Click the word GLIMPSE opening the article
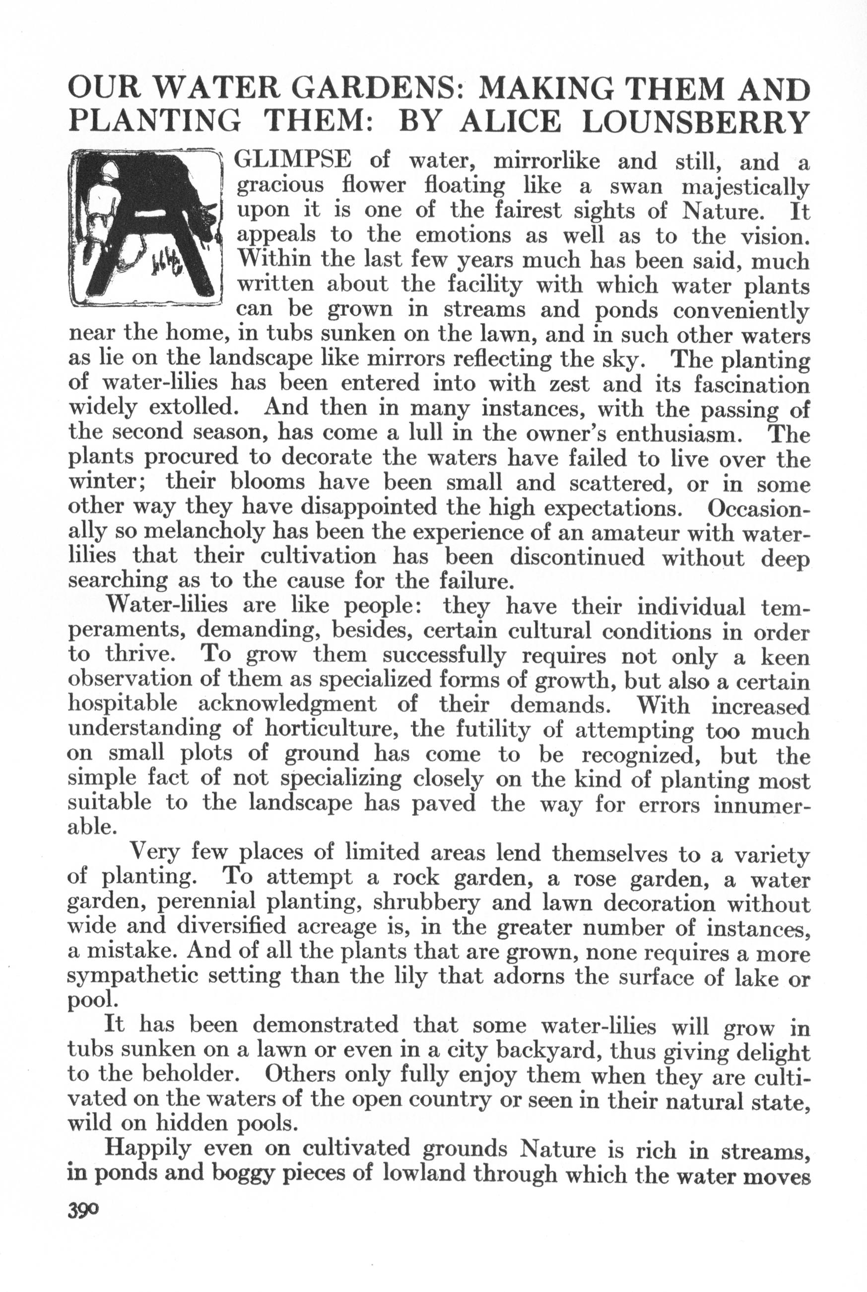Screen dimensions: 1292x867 (x=293, y=160)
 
